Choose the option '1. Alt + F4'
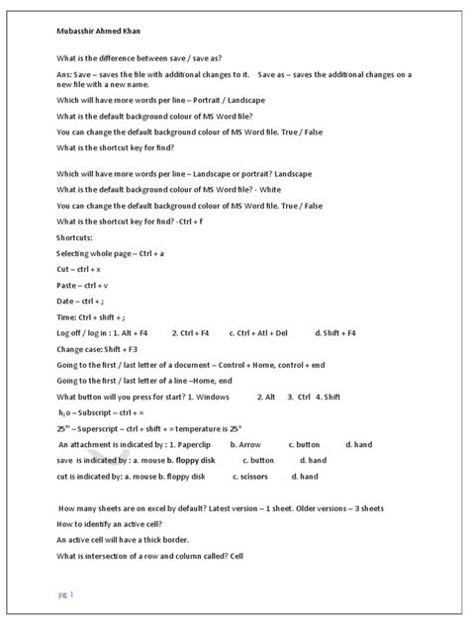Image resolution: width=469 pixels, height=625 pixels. [135, 334]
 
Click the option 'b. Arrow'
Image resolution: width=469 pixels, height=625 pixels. [246, 446]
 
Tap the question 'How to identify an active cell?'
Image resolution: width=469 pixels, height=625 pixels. [116, 524]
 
